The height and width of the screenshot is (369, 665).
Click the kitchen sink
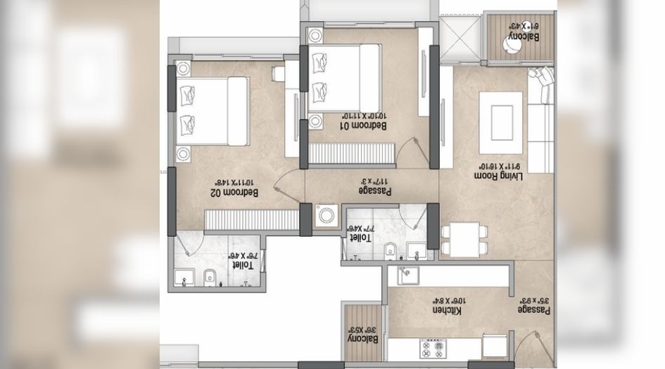tap(407, 276)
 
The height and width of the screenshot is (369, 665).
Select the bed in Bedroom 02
tap(211, 109)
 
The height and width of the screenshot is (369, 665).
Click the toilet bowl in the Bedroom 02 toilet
tap(208, 278)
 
